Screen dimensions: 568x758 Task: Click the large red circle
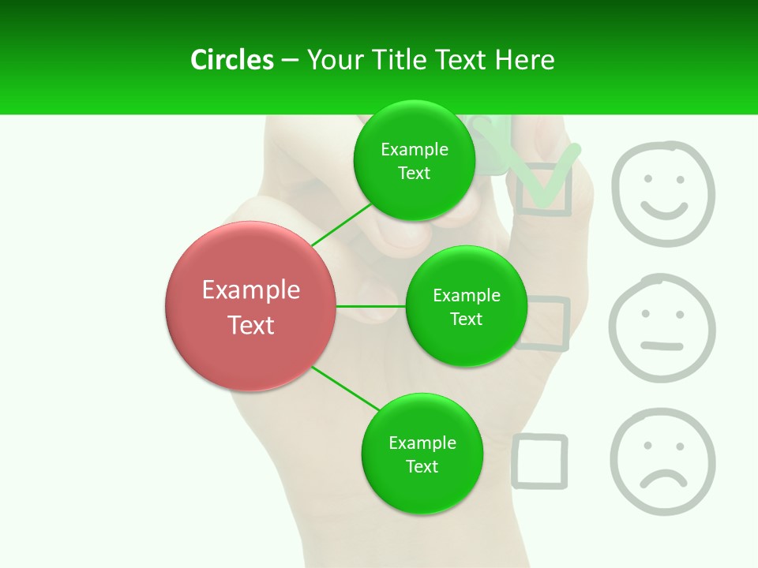251,306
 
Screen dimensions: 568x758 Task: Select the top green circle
415,161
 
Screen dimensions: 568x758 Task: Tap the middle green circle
466,306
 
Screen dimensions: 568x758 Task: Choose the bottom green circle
422,454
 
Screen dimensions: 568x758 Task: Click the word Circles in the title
231,60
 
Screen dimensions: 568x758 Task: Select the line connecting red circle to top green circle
341,224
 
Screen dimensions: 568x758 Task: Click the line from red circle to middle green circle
371,306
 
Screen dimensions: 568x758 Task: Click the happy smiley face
663,193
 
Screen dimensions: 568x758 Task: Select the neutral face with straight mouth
662,328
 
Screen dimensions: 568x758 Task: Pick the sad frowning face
662,461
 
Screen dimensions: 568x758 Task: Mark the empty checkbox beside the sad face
539,461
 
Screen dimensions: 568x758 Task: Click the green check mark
545,177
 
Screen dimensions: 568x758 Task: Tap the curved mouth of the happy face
663,211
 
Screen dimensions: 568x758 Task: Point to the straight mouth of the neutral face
662,346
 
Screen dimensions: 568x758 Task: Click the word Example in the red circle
251,290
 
